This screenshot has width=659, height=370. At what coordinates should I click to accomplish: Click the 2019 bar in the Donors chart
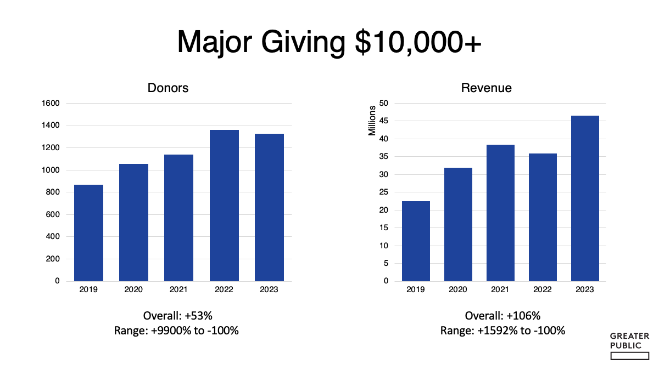coord(88,233)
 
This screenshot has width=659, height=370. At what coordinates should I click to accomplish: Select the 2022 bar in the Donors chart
coord(224,206)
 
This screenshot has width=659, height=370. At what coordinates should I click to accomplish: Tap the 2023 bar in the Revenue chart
coord(585,198)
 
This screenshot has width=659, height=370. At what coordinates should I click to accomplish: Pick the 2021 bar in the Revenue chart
coord(500,213)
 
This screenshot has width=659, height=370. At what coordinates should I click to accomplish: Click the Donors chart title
coord(168,88)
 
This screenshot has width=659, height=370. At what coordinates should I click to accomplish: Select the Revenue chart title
coord(487,88)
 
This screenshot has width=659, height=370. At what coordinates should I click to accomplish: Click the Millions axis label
coord(372,121)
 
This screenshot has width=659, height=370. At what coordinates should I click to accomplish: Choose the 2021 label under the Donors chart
coord(178,289)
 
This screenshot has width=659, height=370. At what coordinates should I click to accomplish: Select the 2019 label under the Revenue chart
coord(416,289)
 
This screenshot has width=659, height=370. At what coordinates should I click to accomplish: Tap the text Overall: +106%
coord(502,316)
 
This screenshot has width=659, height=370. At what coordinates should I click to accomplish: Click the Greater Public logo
coord(629,346)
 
